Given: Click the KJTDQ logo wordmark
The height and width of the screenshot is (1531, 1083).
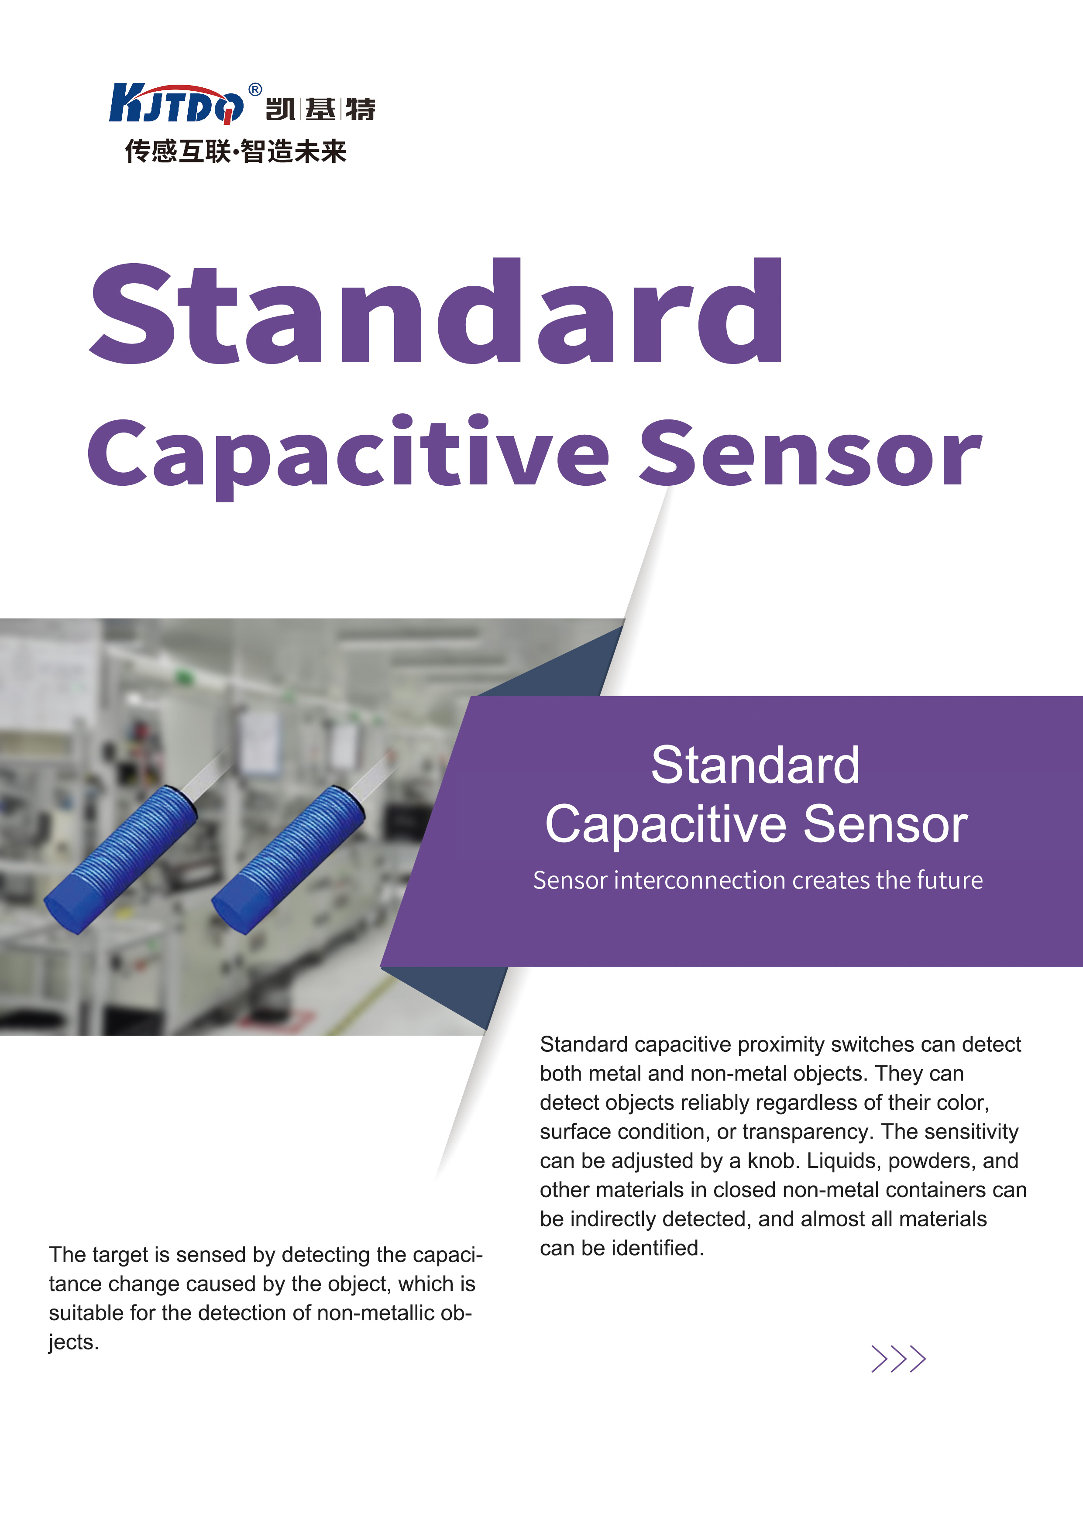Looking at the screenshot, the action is click(x=177, y=103).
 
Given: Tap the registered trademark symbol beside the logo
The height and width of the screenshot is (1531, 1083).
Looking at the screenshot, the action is click(x=255, y=89).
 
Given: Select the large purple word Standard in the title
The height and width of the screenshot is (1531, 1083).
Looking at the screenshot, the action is click(x=437, y=312).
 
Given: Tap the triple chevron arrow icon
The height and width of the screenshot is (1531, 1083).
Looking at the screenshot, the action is click(x=898, y=1359).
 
